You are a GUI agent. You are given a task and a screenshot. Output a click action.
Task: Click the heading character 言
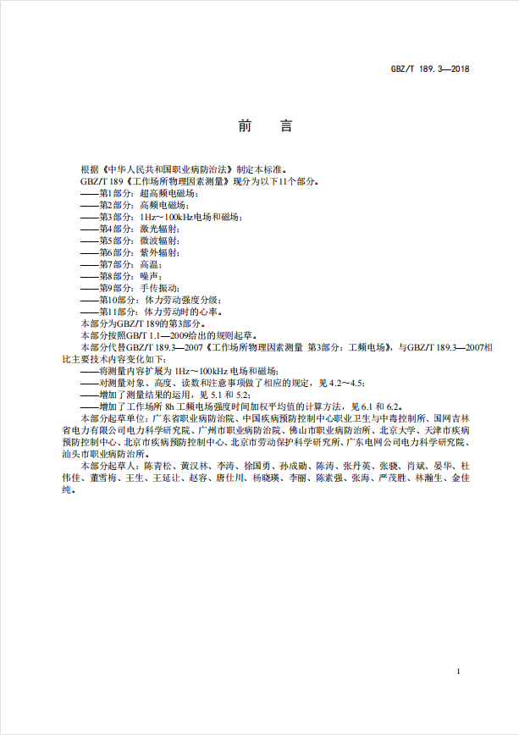tap(285, 127)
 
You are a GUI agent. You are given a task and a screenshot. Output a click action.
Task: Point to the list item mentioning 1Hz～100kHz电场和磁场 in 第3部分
tap(160, 218)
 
